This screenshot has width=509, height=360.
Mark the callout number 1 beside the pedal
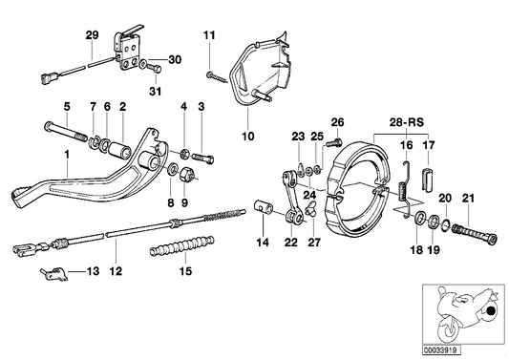(x=67, y=155)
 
